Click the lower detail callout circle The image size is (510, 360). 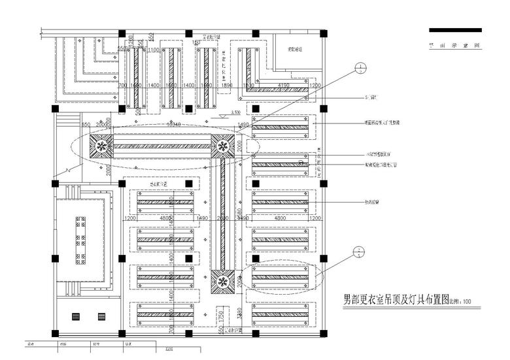pos(358,250)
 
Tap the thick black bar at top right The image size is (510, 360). pos(455,30)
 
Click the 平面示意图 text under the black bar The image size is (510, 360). pos(455,46)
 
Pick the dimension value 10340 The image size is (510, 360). pos(173,123)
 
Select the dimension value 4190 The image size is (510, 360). pos(282,86)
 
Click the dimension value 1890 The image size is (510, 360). pos(228,86)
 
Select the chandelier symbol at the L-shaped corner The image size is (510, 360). pos(222,147)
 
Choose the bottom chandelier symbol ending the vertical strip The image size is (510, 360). pos(222,282)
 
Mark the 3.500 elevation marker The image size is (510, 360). pos(225,114)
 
